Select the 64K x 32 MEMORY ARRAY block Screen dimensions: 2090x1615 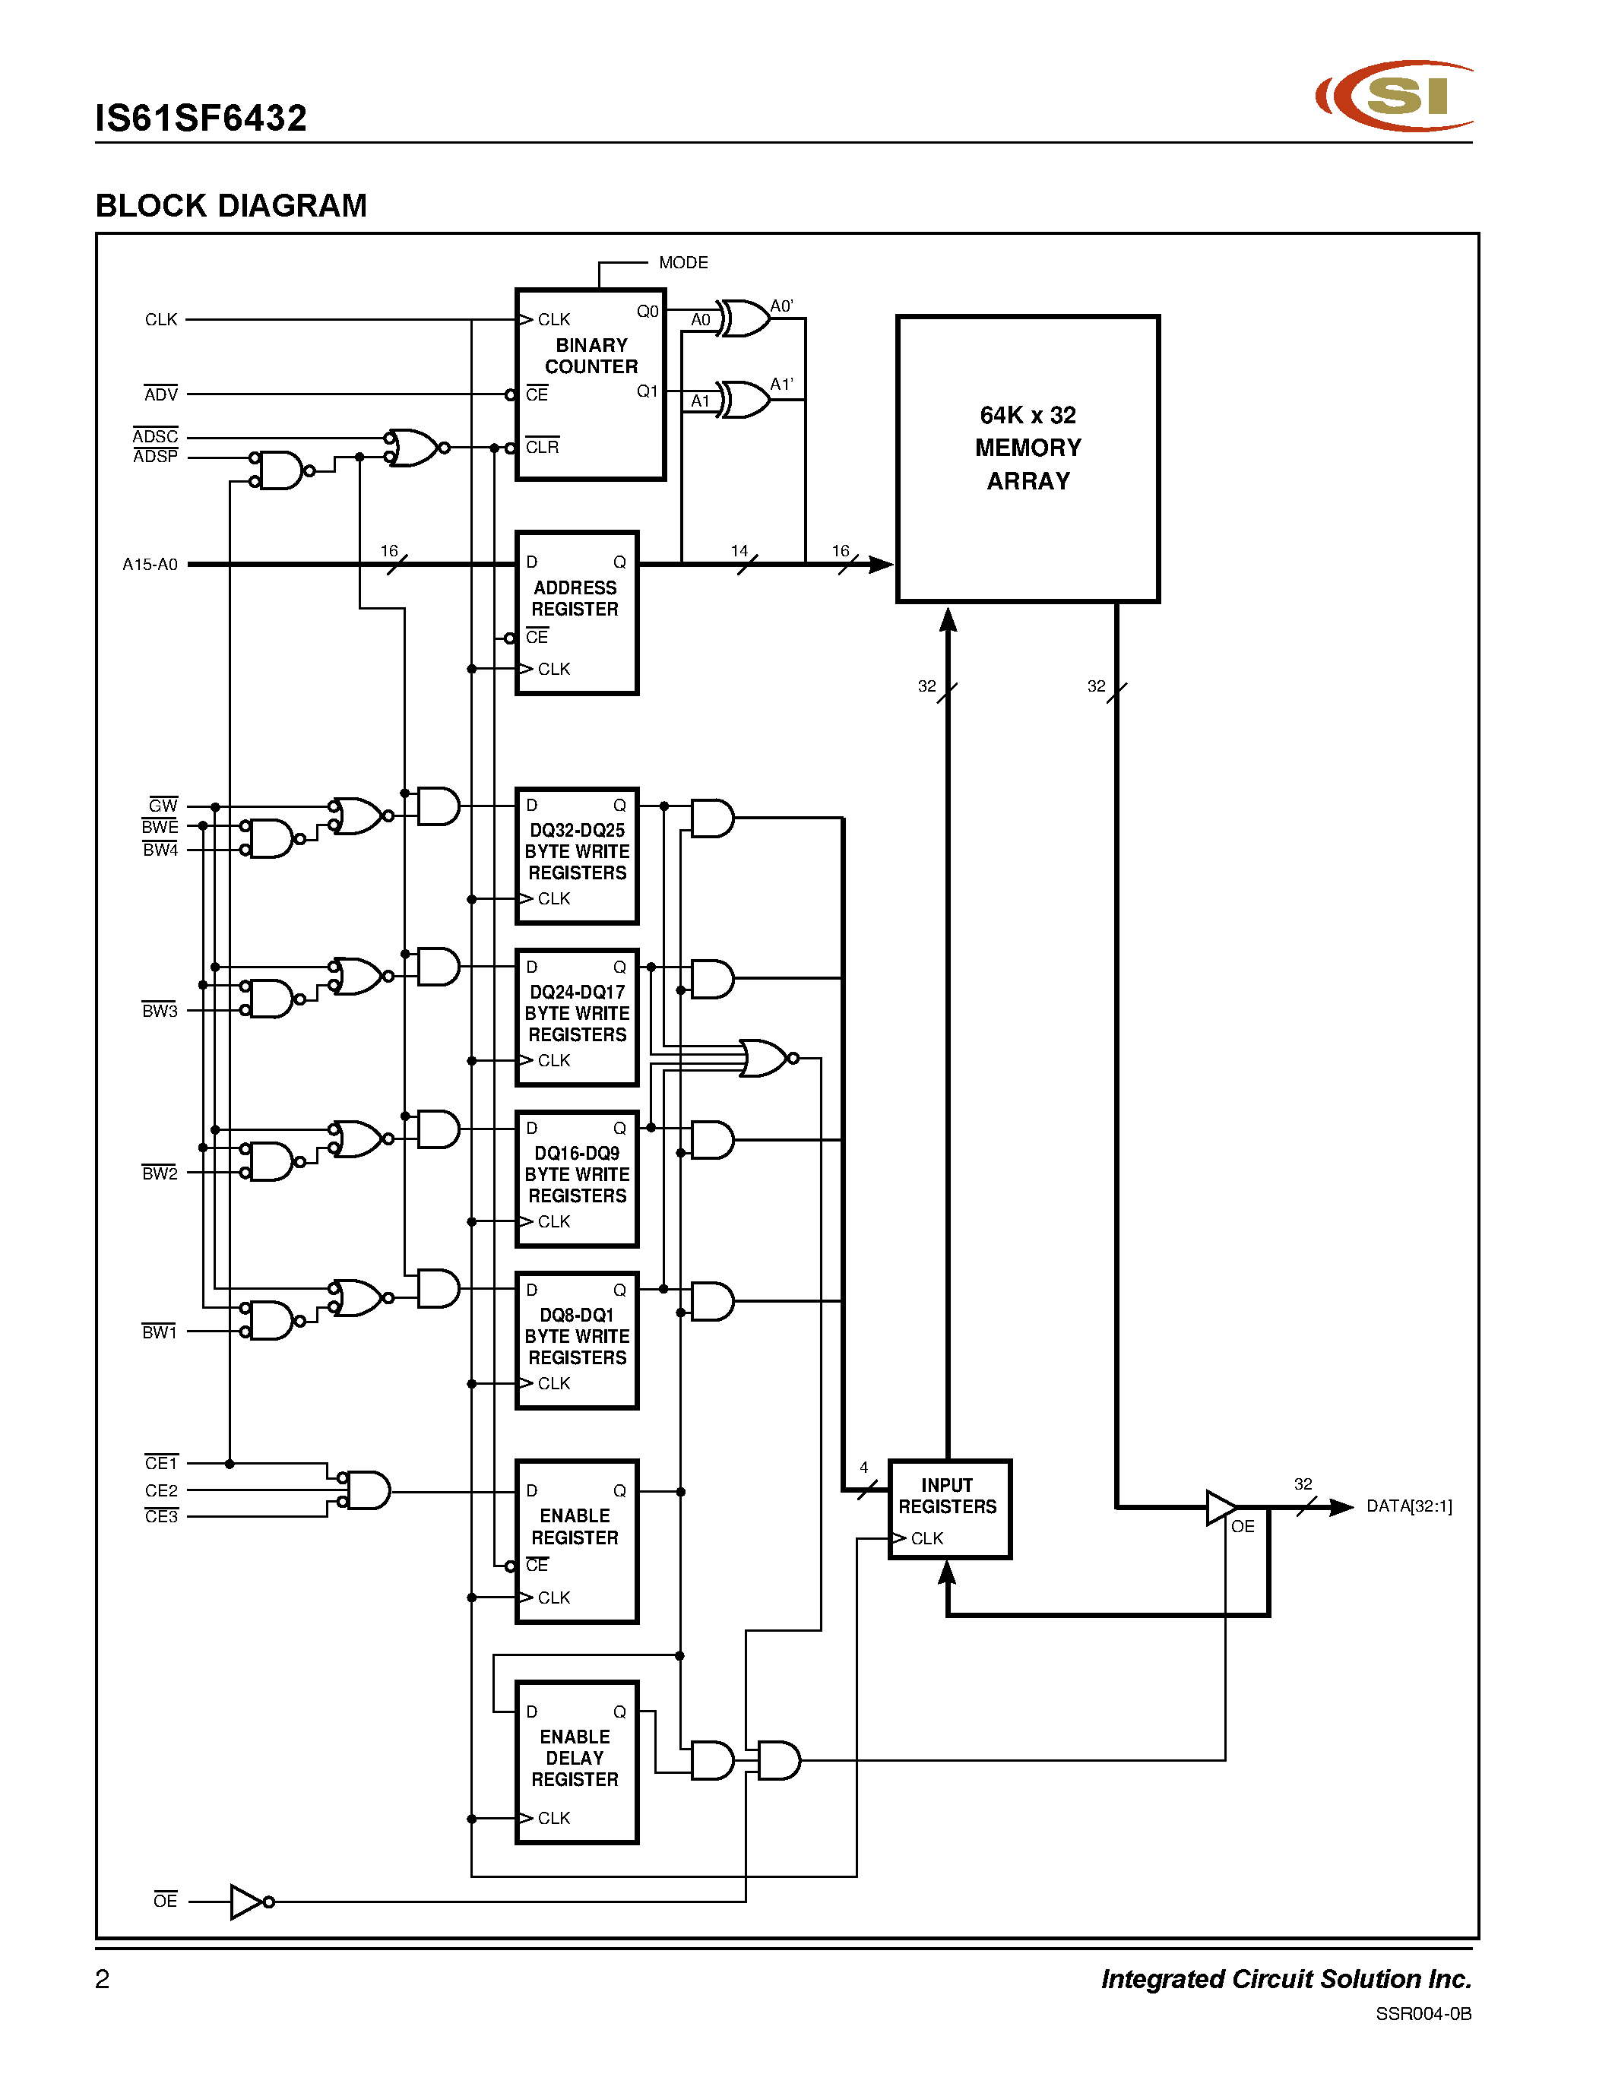pyautogui.click(x=1028, y=458)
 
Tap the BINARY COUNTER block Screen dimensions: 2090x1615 pyautogui.click(x=591, y=384)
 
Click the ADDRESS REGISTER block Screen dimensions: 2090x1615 pyautogui.click(x=576, y=613)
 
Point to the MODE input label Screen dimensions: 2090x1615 pyautogui.click(x=683, y=262)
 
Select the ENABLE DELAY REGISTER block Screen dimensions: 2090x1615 pyautogui.click(x=576, y=1762)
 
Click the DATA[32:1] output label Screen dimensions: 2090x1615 pyautogui.click(x=1408, y=1506)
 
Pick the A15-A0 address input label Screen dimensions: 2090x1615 pyautogui.click(x=150, y=565)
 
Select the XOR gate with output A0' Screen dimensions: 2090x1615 pyautogui.click(x=744, y=318)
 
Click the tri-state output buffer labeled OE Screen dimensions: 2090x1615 pyautogui.click(x=1221, y=1507)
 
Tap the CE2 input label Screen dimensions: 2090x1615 pyautogui.click(x=160, y=1491)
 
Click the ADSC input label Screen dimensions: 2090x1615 pyautogui.click(x=155, y=436)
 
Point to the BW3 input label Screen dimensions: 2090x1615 pyautogui.click(x=160, y=1011)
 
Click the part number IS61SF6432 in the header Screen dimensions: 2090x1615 pyautogui.click(x=201, y=119)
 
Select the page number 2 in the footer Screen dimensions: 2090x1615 pyautogui.click(x=103, y=1978)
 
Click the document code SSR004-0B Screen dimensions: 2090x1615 pyautogui.click(x=1423, y=2013)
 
